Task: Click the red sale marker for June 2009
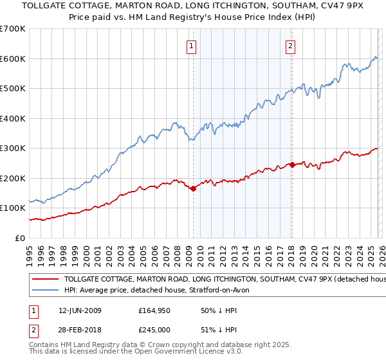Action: [x=193, y=188]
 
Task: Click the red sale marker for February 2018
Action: [x=292, y=165]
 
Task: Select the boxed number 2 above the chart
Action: [x=291, y=46]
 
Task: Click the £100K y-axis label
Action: [x=13, y=208]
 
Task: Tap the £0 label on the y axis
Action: [x=19, y=238]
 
